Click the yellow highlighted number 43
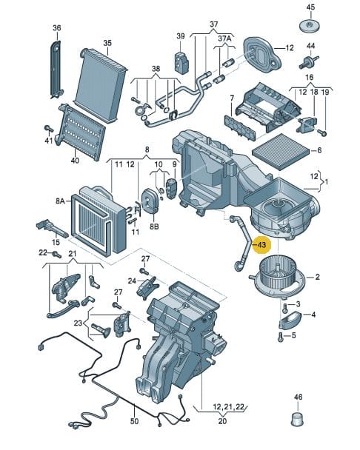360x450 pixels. coord(261,245)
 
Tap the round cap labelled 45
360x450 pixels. coord(310,26)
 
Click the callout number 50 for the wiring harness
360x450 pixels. coord(134,421)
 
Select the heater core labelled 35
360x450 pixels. coord(101,84)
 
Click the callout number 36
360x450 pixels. coord(57,28)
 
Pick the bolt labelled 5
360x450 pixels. coord(281,337)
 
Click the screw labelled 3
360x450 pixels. coord(284,308)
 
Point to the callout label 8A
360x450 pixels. coord(60,201)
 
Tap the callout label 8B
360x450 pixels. coord(154,226)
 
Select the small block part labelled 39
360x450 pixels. coord(181,61)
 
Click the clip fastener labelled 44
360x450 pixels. coord(309,62)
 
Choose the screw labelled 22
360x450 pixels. coord(56,255)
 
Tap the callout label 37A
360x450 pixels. coord(224,38)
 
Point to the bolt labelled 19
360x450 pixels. coord(323,132)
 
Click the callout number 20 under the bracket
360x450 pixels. coord(222,421)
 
